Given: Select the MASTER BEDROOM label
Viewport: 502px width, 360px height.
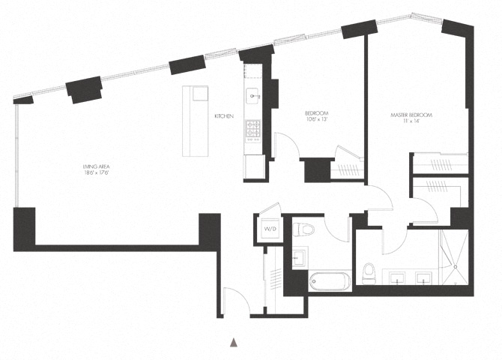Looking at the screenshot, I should tap(412, 115).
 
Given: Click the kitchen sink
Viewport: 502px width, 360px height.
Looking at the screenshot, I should tap(253, 96).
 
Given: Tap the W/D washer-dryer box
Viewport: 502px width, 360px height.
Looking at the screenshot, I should tap(269, 228).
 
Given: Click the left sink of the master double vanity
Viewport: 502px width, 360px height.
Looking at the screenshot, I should tap(397, 280).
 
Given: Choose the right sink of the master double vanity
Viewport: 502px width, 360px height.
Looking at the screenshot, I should tap(423, 280).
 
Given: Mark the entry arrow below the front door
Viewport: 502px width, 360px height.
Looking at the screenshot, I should tap(233, 342).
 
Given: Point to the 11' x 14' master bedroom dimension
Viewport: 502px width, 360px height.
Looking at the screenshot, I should tap(412, 122).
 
